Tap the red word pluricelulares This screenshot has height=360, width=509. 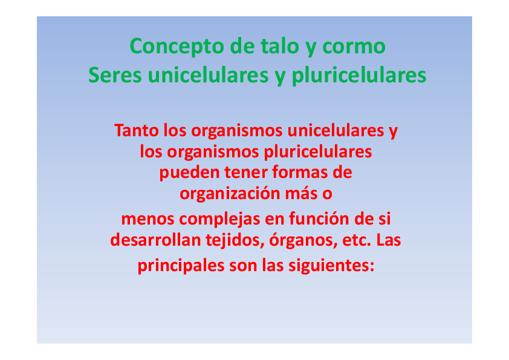[x=314, y=151]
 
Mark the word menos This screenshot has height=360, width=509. [x=145, y=218]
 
